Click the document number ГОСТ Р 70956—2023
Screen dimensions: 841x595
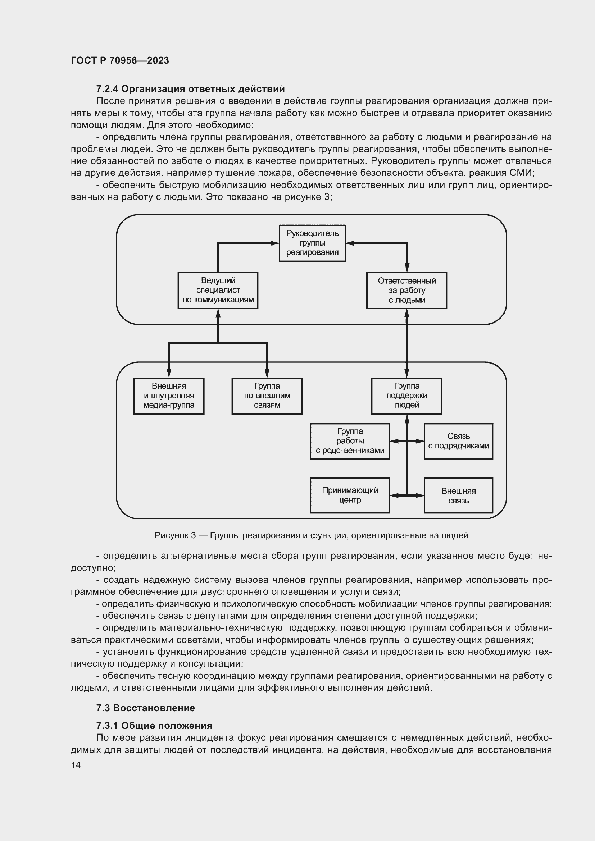[x=120, y=60]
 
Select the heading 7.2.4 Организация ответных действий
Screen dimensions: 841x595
[x=190, y=89]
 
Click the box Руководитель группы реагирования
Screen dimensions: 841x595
[x=312, y=243]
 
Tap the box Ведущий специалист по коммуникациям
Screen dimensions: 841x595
[x=218, y=290]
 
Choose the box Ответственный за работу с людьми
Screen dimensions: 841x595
[x=407, y=291]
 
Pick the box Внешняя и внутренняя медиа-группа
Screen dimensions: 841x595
[x=169, y=396]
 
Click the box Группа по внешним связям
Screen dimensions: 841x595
[x=267, y=396]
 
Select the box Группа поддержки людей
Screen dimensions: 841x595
[x=407, y=396]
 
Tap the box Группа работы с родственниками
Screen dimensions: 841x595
[x=350, y=441]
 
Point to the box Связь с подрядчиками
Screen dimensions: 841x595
[x=458, y=441]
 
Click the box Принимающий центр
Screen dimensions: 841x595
[x=350, y=495]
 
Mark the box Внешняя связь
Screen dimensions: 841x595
[x=458, y=495]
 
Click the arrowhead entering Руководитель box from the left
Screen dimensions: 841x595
[x=275, y=243]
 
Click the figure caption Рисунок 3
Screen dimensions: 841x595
[x=311, y=535]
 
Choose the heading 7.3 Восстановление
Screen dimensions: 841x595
[x=145, y=708]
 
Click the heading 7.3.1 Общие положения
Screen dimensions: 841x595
[x=154, y=725]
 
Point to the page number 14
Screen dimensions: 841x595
[x=76, y=765]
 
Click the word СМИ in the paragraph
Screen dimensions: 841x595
[x=521, y=173]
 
